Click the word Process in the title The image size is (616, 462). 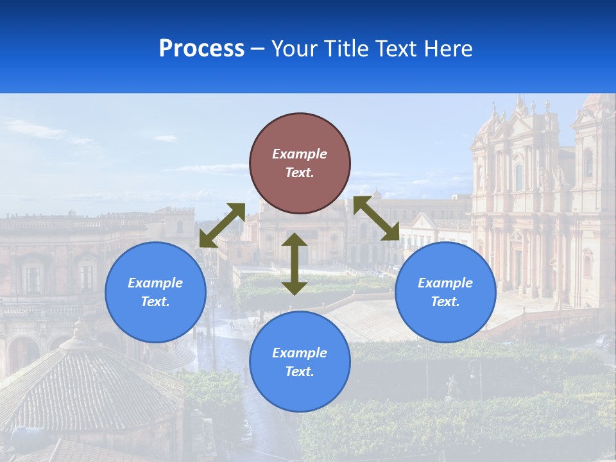201,49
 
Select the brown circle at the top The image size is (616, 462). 300,164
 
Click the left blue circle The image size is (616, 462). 155,292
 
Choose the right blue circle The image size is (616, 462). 445,292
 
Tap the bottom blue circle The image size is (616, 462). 300,362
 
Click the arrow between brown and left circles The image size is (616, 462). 222,225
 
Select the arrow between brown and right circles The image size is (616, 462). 376,218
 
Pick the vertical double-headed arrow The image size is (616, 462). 295,264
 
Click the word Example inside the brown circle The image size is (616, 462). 300,154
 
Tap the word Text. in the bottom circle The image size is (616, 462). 300,372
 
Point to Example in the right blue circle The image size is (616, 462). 445,283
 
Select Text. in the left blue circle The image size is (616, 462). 155,302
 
